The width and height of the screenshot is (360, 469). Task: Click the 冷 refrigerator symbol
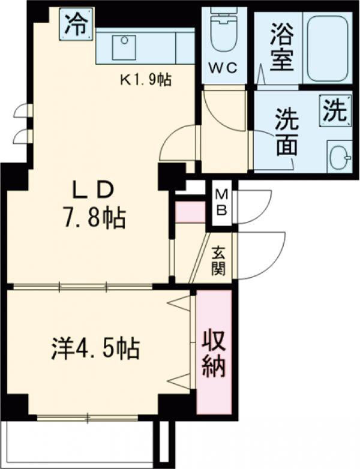(x=76, y=25)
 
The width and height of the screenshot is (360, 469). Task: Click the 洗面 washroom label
(x=287, y=133)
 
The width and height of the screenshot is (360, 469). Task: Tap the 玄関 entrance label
(x=218, y=261)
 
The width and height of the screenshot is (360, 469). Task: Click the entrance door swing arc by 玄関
(x=258, y=255)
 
